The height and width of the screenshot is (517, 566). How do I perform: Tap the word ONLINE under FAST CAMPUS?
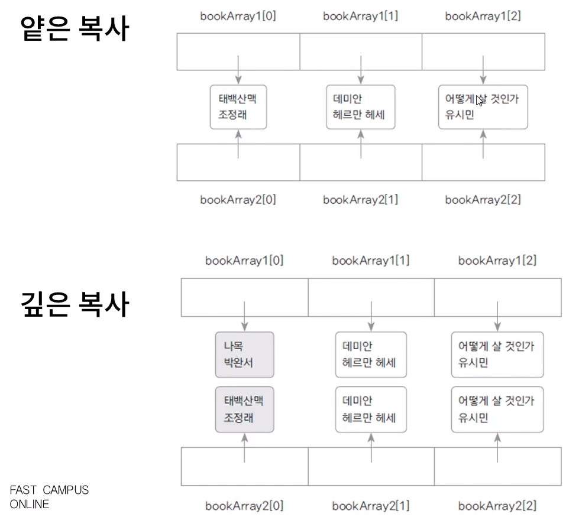pyautogui.click(x=30, y=504)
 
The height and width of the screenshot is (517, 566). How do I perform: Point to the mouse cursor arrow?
pyautogui.click(x=480, y=100)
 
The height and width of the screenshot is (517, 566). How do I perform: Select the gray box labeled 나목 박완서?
pyautogui.click(x=244, y=355)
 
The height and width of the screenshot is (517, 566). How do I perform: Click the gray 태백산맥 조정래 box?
pyautogui.click(x=244, y=409)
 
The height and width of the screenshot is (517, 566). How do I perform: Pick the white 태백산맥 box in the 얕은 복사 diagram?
pyautogui.click(x=238, y=107)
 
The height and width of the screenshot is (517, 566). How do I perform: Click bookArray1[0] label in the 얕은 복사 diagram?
pyautogui.click(x=238, y=16)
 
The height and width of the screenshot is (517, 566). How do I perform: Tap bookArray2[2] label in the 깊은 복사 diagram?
pyautogui.click(x=497, y=506)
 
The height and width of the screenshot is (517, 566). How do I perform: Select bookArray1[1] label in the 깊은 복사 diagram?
pyautogui.click(x=371, y=260)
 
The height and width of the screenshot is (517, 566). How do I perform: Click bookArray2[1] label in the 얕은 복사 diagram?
pyautogui.click(x=360, y=200)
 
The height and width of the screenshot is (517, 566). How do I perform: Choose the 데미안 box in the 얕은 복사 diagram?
pyautogui.click(x=360, y=107)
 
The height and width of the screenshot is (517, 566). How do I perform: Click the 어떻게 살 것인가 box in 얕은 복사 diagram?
pyautogui.click(x=483, y=107)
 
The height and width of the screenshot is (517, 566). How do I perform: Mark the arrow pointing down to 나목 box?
pyautogui.click(x=244, y=316)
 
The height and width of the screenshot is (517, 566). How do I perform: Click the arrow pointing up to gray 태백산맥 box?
pyautogui.click(x=244, y=448)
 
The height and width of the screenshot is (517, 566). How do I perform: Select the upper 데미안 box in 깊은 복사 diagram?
pyautogui.click(x=371, y=355)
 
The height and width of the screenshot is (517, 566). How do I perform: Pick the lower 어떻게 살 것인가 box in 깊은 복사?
pyautogui.click(x=497, y=409)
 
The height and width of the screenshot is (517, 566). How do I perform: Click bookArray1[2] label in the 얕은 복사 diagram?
pyautogui.click(x=483, y=16)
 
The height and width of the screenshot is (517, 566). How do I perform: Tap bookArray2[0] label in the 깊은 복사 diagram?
pyautogui.click(x=244, y=506)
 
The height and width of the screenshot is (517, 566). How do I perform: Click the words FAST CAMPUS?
pyautogui.click(x=49, y=490)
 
